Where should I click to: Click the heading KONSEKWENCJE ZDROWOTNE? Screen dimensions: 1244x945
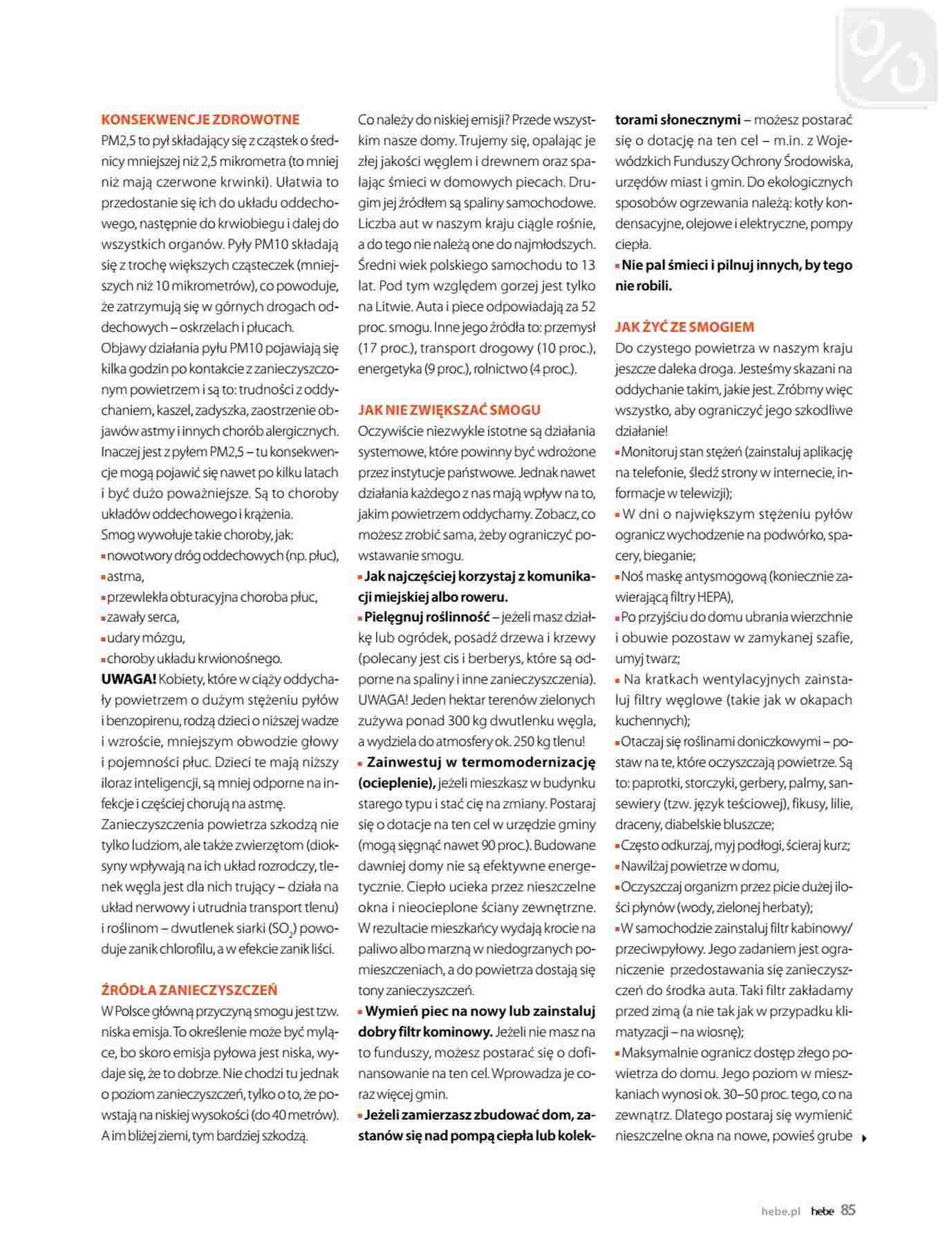point(200,120)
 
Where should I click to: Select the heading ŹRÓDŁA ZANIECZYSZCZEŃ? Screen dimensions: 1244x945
point(189,990)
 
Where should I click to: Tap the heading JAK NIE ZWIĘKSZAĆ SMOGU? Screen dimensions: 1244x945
point(449,410)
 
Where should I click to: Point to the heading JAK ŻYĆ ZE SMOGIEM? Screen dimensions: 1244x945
point(684,327)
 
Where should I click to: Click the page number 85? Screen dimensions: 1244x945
point(848,1209)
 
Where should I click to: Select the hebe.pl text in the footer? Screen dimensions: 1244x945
point(780,1211)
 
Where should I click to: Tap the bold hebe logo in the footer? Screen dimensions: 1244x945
point(823,1211)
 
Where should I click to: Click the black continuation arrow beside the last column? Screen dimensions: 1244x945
point(865,1137)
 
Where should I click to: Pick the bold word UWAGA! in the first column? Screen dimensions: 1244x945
point(129,679)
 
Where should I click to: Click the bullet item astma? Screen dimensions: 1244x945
point(125,576)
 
